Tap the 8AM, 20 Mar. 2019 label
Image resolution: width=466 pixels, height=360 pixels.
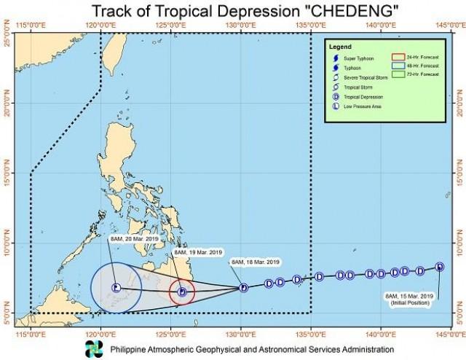[x=131, y=238]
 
